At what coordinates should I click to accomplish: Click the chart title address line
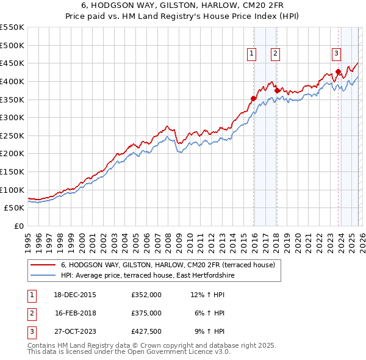182,5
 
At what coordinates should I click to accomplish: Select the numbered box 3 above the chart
336,53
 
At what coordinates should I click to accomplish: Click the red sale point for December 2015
254,98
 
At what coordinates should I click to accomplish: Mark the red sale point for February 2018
277,90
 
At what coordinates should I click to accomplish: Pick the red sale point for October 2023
338,71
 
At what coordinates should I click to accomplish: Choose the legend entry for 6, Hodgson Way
168,265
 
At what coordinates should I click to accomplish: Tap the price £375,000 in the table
146,312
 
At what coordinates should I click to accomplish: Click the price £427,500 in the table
146,331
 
